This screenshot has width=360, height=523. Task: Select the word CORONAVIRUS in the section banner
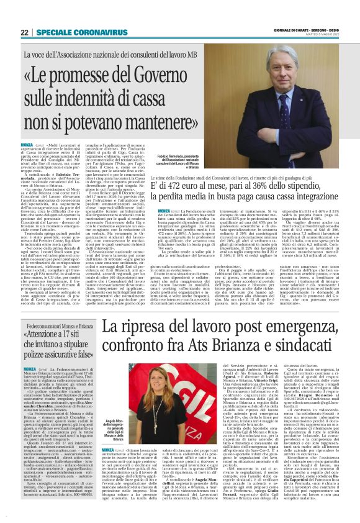[x=88, y=32]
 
